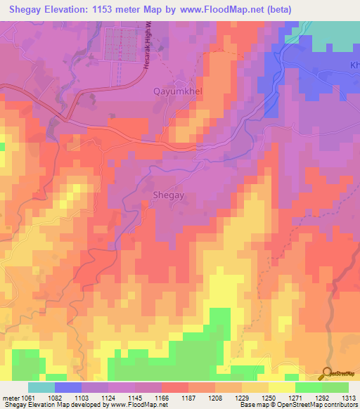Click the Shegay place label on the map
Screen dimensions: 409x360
pos(168,196)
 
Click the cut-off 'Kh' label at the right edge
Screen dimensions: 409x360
pos(354,65)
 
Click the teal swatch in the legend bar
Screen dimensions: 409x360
pos(41,387)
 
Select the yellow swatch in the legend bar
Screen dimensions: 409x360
pos(281,387)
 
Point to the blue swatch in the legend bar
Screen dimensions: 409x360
pos(67,387)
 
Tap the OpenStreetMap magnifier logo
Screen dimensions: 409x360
pos(328,375)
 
